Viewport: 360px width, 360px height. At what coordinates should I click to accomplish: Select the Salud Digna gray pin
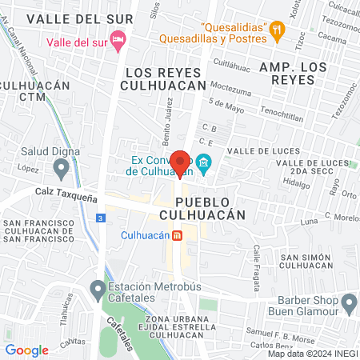click(60, 168)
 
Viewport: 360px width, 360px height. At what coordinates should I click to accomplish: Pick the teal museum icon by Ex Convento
click(203, 165)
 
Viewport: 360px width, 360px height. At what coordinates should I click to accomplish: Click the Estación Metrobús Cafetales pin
click(98, 287)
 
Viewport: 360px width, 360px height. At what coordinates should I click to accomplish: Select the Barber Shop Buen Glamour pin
click(348, 303)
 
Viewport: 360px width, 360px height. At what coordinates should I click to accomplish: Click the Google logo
click(27, 350)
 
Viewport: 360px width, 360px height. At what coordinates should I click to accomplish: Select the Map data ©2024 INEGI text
click(313, 353)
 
